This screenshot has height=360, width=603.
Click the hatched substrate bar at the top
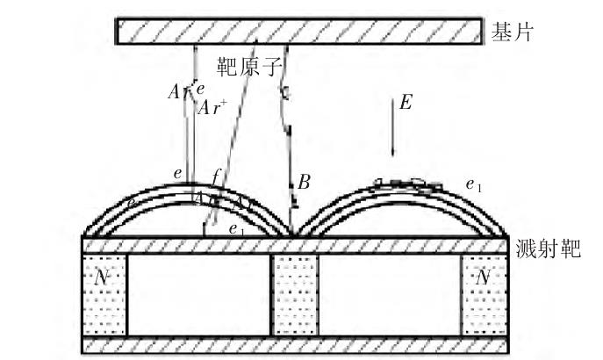pos(298,30)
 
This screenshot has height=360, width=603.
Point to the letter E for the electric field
pos(406,103)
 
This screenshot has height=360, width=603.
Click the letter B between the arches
pos(304,183)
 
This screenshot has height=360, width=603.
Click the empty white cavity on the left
pos(198,294)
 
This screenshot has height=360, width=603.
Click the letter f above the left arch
pos(217,175)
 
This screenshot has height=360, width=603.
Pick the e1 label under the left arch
pos(234,227)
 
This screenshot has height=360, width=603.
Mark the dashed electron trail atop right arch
pos(406,184)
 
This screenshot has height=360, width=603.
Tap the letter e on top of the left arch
pos(178,174)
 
